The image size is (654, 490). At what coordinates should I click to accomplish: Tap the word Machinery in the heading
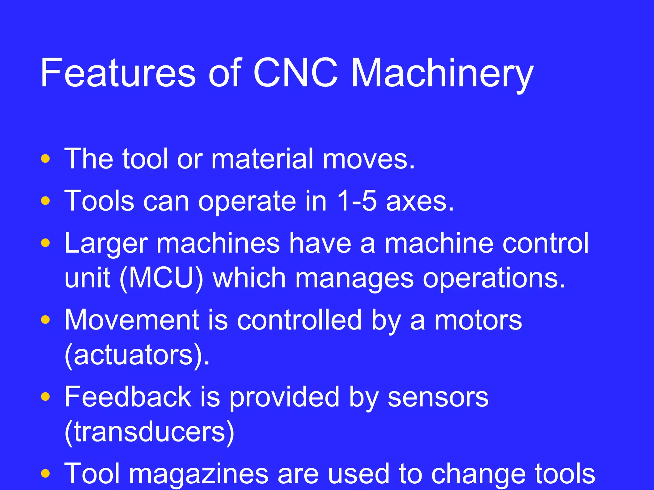pyautogui.click(x=442, y=74)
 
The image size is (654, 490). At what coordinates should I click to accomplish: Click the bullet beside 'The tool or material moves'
pyautogui.click(x=46, y=159)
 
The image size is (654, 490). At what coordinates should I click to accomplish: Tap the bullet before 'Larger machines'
pyautogui.click(x=46, y=243)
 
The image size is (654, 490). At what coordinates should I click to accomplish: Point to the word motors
pyautogui.click(x=478, y=320)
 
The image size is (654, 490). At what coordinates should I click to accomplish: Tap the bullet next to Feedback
pyautogui.click(x=46, y=397)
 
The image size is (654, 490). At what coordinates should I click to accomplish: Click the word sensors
pyautogui.click(x=438, y=397)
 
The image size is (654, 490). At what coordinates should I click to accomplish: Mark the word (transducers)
pyautogui.click(x=149, y=432)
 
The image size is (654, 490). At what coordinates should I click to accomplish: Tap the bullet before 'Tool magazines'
pyautogui.click(x=46, y=473)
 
